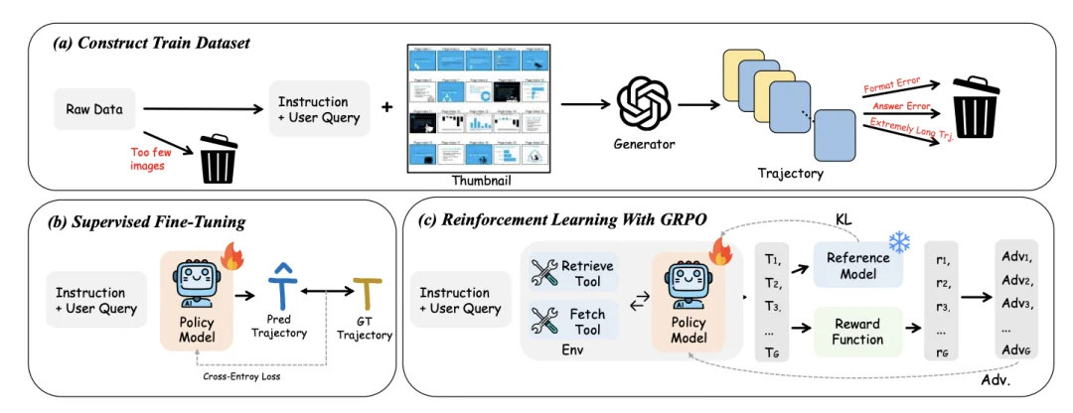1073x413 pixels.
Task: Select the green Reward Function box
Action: click(x=857, y=330)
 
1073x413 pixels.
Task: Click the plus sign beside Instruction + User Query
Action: click(x=386, y=106)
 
